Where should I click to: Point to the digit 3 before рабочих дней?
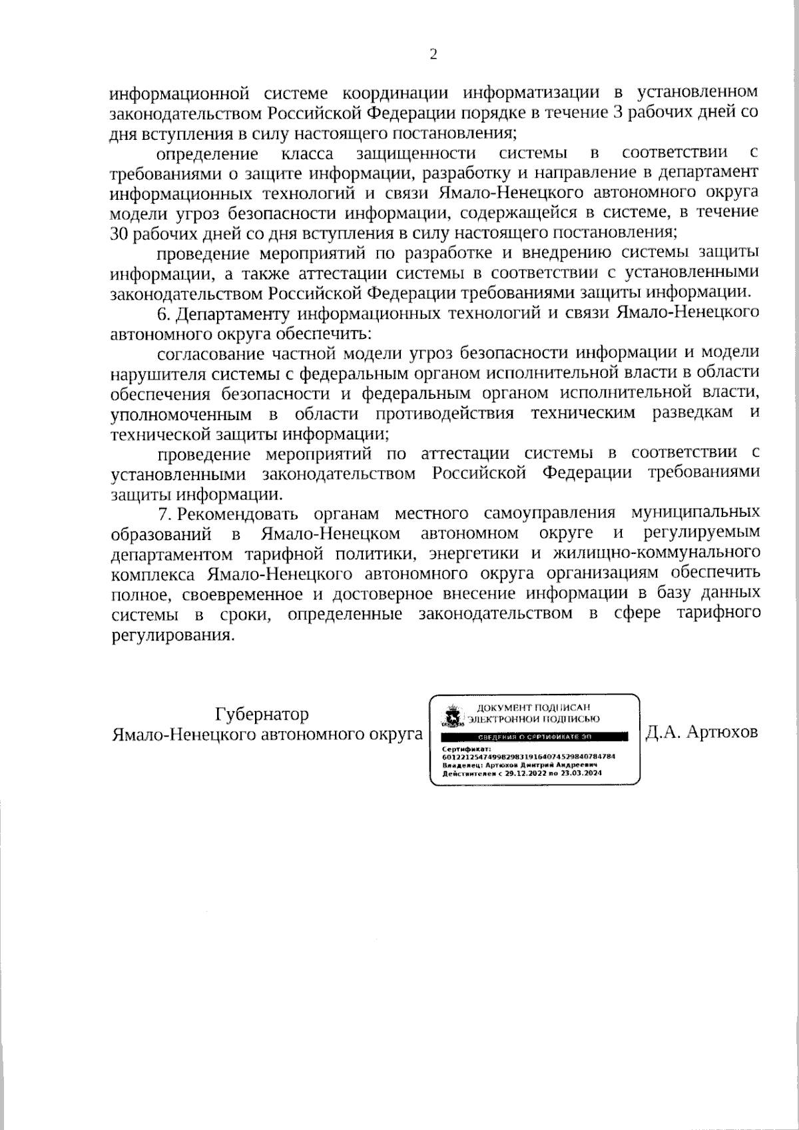(616, 111)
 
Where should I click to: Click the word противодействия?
(444, 414)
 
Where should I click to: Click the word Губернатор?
(262, 714)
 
